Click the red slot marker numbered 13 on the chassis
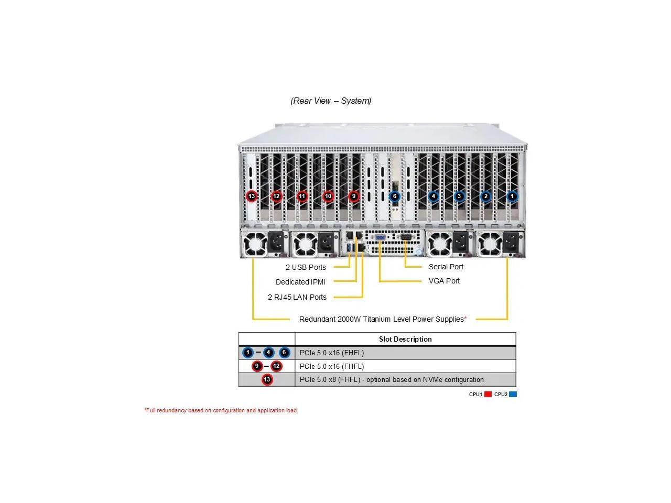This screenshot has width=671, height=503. [x=252, y=196]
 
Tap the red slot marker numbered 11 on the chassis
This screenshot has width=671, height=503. [x=302, y=196]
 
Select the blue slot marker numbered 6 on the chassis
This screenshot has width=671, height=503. [x=395, y=196]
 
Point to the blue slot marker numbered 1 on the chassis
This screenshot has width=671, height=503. [x=512, y=196]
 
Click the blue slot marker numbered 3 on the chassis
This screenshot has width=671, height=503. [x=459, y=196]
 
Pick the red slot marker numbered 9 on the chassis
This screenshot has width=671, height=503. [x=354, y=196]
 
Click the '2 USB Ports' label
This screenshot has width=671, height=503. [x=306, y=267]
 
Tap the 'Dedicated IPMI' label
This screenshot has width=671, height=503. [x=300, y=282]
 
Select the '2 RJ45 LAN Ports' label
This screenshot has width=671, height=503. [x=297, y=297]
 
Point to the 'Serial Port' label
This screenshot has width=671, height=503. [x=446, y=267]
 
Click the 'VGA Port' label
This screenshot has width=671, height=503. [x=444, y=281]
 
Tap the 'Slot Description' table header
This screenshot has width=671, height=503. [x=405, y=339]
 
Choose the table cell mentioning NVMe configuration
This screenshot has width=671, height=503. [x=392, y=379]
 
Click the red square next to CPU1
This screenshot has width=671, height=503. [x=488, y=394]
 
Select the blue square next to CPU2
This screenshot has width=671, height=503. [x=513, y=394]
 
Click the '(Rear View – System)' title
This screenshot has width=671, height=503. [x=331, y=101]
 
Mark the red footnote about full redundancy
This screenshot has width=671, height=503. [x=221, y=410]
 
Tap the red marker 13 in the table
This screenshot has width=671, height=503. [x=267, y=379]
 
